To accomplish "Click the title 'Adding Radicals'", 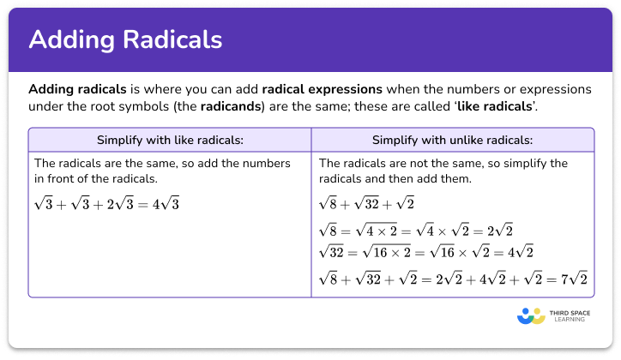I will click(x=125, y=40).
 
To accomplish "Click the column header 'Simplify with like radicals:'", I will click(x=169, y=139).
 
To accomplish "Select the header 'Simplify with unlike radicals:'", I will click(x=452, y=139).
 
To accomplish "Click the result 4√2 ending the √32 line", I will click(x=520, y=251).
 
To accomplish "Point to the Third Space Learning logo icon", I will click(x=532, y=316).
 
